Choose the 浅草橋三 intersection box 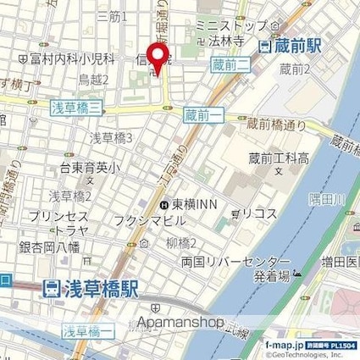pos(77,106)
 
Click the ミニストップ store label pos(230,26)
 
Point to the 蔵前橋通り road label pos(276,125)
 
